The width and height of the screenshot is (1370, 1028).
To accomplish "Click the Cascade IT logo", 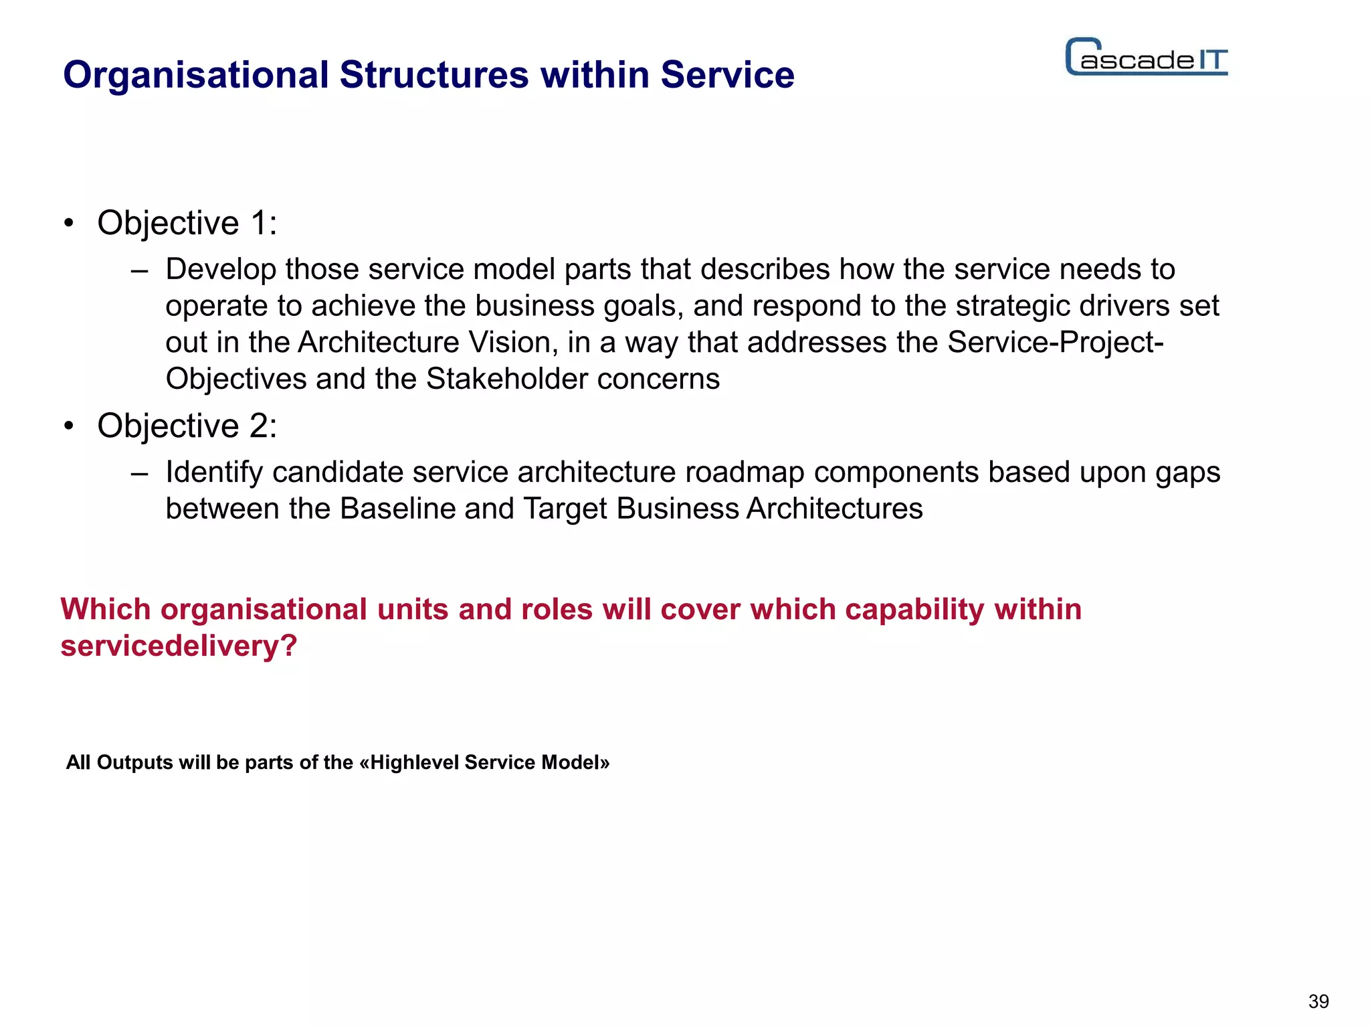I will (x=1147, y=57).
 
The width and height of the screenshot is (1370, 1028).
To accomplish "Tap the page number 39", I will (x=1318, y=1002).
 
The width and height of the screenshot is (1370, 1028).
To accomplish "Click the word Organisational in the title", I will (x=196, y=75).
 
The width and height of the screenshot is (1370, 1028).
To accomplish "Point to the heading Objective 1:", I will (x=187, y=223).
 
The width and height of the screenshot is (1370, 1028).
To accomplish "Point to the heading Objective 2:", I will (x=187, y=426).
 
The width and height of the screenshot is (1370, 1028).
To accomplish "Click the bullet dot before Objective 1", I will (x=68, y=224).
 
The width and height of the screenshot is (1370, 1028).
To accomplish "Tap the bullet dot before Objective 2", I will (x=68, y=426).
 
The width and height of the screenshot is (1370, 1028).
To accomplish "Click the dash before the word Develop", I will (x=139, y=271).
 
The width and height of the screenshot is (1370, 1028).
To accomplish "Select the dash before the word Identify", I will (x=139, y=474).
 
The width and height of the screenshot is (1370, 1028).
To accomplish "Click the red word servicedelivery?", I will (x=179, y=647).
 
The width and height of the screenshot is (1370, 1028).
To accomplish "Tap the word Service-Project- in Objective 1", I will (x=1056, y=343).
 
